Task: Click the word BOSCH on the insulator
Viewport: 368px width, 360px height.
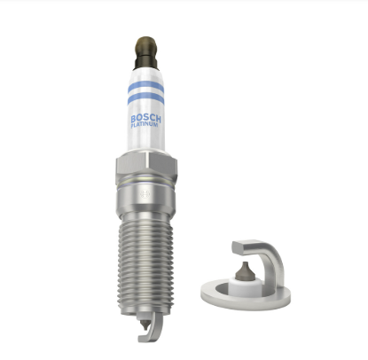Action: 145,119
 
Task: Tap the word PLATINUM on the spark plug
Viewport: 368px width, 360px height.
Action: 145,125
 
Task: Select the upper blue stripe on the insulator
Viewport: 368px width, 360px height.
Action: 145,87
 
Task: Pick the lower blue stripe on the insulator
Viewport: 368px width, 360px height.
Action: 145,98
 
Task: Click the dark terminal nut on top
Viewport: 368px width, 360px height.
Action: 146,52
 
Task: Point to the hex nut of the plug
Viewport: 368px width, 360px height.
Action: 146,167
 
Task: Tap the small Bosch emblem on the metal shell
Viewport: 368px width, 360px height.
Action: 145,194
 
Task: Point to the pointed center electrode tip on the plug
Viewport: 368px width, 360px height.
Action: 145,325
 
